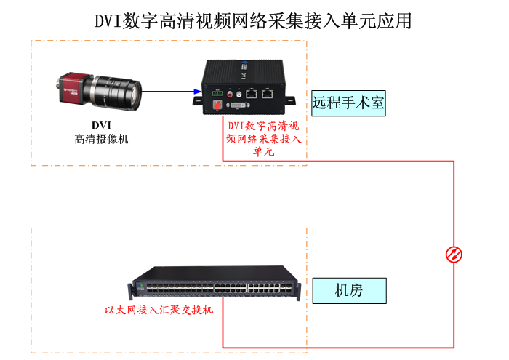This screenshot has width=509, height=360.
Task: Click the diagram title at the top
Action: pyautogui.click(x=254, y=20)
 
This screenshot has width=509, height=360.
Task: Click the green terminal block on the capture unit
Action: pyautogui.click(x=217, y=93)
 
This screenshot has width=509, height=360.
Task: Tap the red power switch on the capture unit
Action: pyautogui.click(x=217, y=105)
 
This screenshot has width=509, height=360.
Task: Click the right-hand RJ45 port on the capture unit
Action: pyautogui.click(x=268, y=92)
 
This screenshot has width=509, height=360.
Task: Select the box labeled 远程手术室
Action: pyautogui.click(x=348, y=103)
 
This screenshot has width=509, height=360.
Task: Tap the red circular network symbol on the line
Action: pyautogui.click(x=454, y=254)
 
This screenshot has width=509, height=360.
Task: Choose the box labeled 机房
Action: pyautogui.click(x=348, y=291)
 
